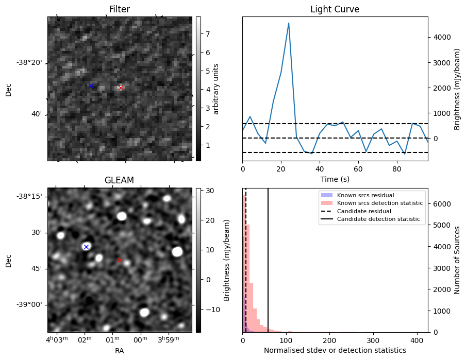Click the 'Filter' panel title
(120, 9)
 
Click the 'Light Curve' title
(335, 9)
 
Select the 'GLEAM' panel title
(120, 180)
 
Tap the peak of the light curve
(289, 23)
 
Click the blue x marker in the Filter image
(91, 85)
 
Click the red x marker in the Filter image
(121, 88)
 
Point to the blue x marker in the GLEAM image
(86, 247)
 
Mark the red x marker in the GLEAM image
(120, 261)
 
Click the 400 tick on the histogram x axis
(417, 340)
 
